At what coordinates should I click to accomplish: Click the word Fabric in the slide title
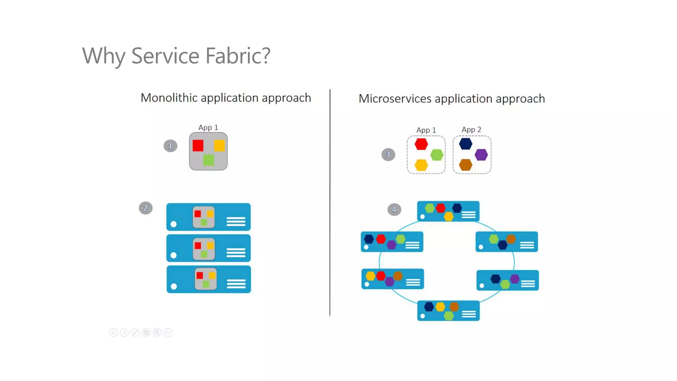(237, 56)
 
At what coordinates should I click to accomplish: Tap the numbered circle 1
(170, 146)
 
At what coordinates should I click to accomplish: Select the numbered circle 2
(145, 208)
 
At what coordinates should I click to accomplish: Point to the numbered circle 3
(388, 154)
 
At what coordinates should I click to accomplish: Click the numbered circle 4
(394, 209)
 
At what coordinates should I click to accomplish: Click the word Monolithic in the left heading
(169, 98)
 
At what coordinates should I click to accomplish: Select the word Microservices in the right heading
(395, 99)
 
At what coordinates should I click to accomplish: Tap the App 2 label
(471, 130)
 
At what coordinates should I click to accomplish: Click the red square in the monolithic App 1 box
(198, 146)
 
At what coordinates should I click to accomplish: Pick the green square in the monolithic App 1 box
(209, 160)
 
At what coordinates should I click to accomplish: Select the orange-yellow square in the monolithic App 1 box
(219, 146)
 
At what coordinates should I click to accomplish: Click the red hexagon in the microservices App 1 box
(421, 144)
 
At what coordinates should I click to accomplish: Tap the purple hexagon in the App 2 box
(481, 154)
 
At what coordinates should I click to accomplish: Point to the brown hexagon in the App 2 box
(465, 165)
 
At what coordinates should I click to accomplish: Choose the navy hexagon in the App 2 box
(465, 144)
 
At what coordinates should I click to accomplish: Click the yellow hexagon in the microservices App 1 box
(421, 165)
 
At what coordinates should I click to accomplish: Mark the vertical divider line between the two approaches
(330, 202)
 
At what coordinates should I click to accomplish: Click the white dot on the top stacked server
(174, 224)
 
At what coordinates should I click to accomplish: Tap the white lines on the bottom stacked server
(236, 284)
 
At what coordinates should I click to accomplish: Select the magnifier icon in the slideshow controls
(157, 332)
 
